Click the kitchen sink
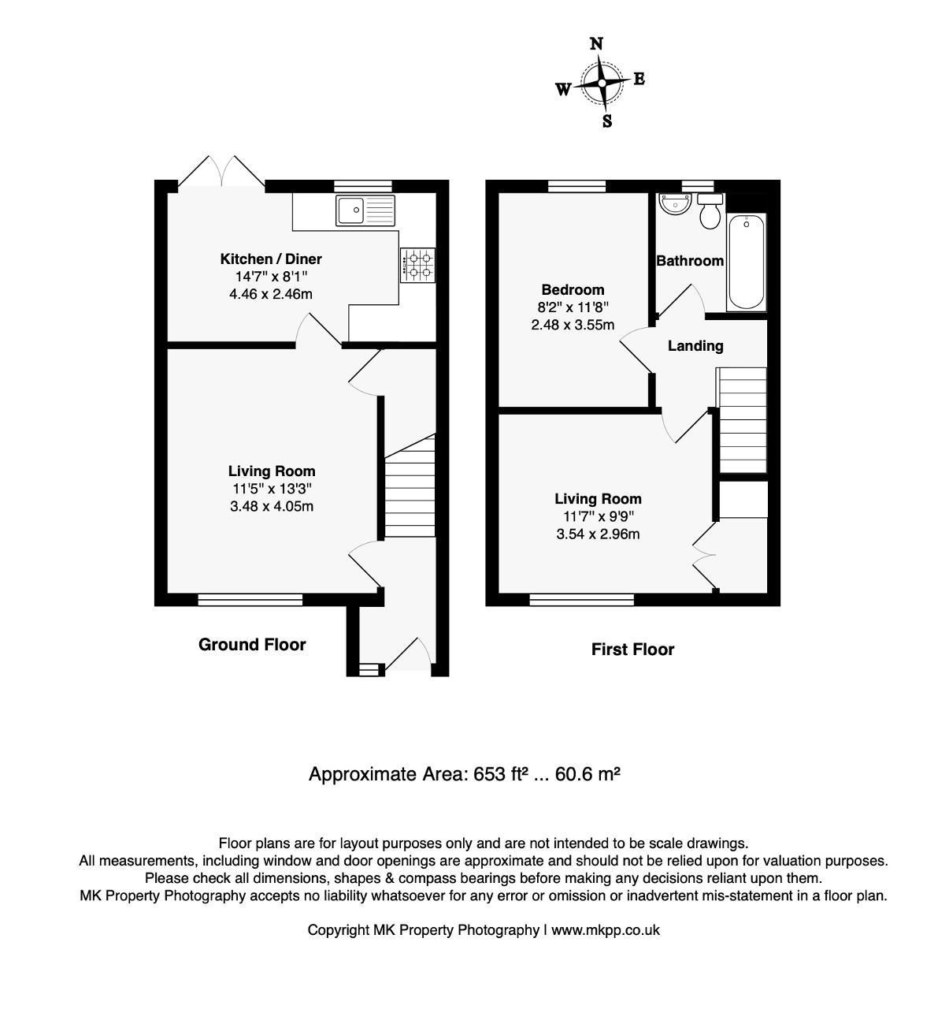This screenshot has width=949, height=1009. pos(365,210)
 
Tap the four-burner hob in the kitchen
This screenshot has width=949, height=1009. pos(417,265)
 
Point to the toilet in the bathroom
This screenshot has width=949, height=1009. pos(710,210)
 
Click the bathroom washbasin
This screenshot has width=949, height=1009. pos(675,203)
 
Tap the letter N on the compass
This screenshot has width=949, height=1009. pos(596,43)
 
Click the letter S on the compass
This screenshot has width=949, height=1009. pos(606,121)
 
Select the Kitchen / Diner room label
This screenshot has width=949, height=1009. pos(271,259)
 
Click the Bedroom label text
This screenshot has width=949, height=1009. pos(573,289)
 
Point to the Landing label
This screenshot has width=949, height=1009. pos(695,346)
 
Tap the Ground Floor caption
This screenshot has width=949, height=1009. pos(252,644)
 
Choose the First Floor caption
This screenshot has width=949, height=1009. pos(632,650)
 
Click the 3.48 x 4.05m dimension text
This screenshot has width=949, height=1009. pos(272,506)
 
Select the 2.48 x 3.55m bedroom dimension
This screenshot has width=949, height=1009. pos(573,325)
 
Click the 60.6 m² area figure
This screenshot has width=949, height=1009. pos(588,774)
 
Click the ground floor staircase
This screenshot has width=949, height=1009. pos(410,486)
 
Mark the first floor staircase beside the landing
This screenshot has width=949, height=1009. pos(741,420)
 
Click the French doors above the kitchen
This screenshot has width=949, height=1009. pos(221,171)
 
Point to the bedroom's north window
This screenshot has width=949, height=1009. pos(577,186)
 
